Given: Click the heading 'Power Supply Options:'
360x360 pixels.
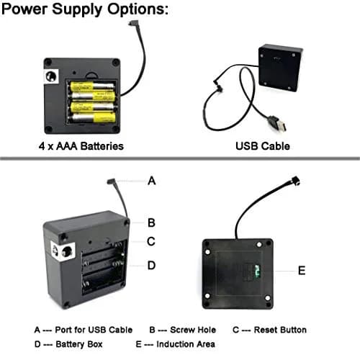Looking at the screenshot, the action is tap(85, 9).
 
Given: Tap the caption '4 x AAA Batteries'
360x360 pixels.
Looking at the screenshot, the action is tap(81, 146).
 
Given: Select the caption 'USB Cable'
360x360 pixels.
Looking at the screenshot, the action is tap(263, 146).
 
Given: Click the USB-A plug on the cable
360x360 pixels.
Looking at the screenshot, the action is tap(279, 124).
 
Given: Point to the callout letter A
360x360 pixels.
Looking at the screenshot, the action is tap(152, 181).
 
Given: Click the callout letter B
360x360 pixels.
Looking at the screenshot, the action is tap(151, 222).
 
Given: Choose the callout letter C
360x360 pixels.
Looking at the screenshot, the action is tap(151, 241).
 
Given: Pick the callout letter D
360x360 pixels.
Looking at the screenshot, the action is tap(151, 266).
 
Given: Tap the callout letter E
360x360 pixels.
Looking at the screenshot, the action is tap(302, 271).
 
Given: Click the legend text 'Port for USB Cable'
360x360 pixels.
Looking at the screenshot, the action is tap(94, 330).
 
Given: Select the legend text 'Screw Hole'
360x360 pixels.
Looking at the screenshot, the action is tap(193, 330).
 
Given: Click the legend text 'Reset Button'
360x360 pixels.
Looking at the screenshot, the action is tap(280, 330).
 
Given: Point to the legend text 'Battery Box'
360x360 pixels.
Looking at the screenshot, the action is tap(79, 344).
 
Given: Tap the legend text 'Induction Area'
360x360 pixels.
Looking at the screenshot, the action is tap(186, 344).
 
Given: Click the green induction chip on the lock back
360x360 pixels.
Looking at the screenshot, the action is tap(257, 271).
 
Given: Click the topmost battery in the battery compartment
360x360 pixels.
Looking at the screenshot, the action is tap(92, 86).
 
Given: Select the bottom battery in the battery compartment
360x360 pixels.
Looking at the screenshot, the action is tap(93, 118).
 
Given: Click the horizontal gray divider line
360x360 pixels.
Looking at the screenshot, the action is tap(180, 158).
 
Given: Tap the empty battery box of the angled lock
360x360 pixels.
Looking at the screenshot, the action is tap(104, 269).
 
